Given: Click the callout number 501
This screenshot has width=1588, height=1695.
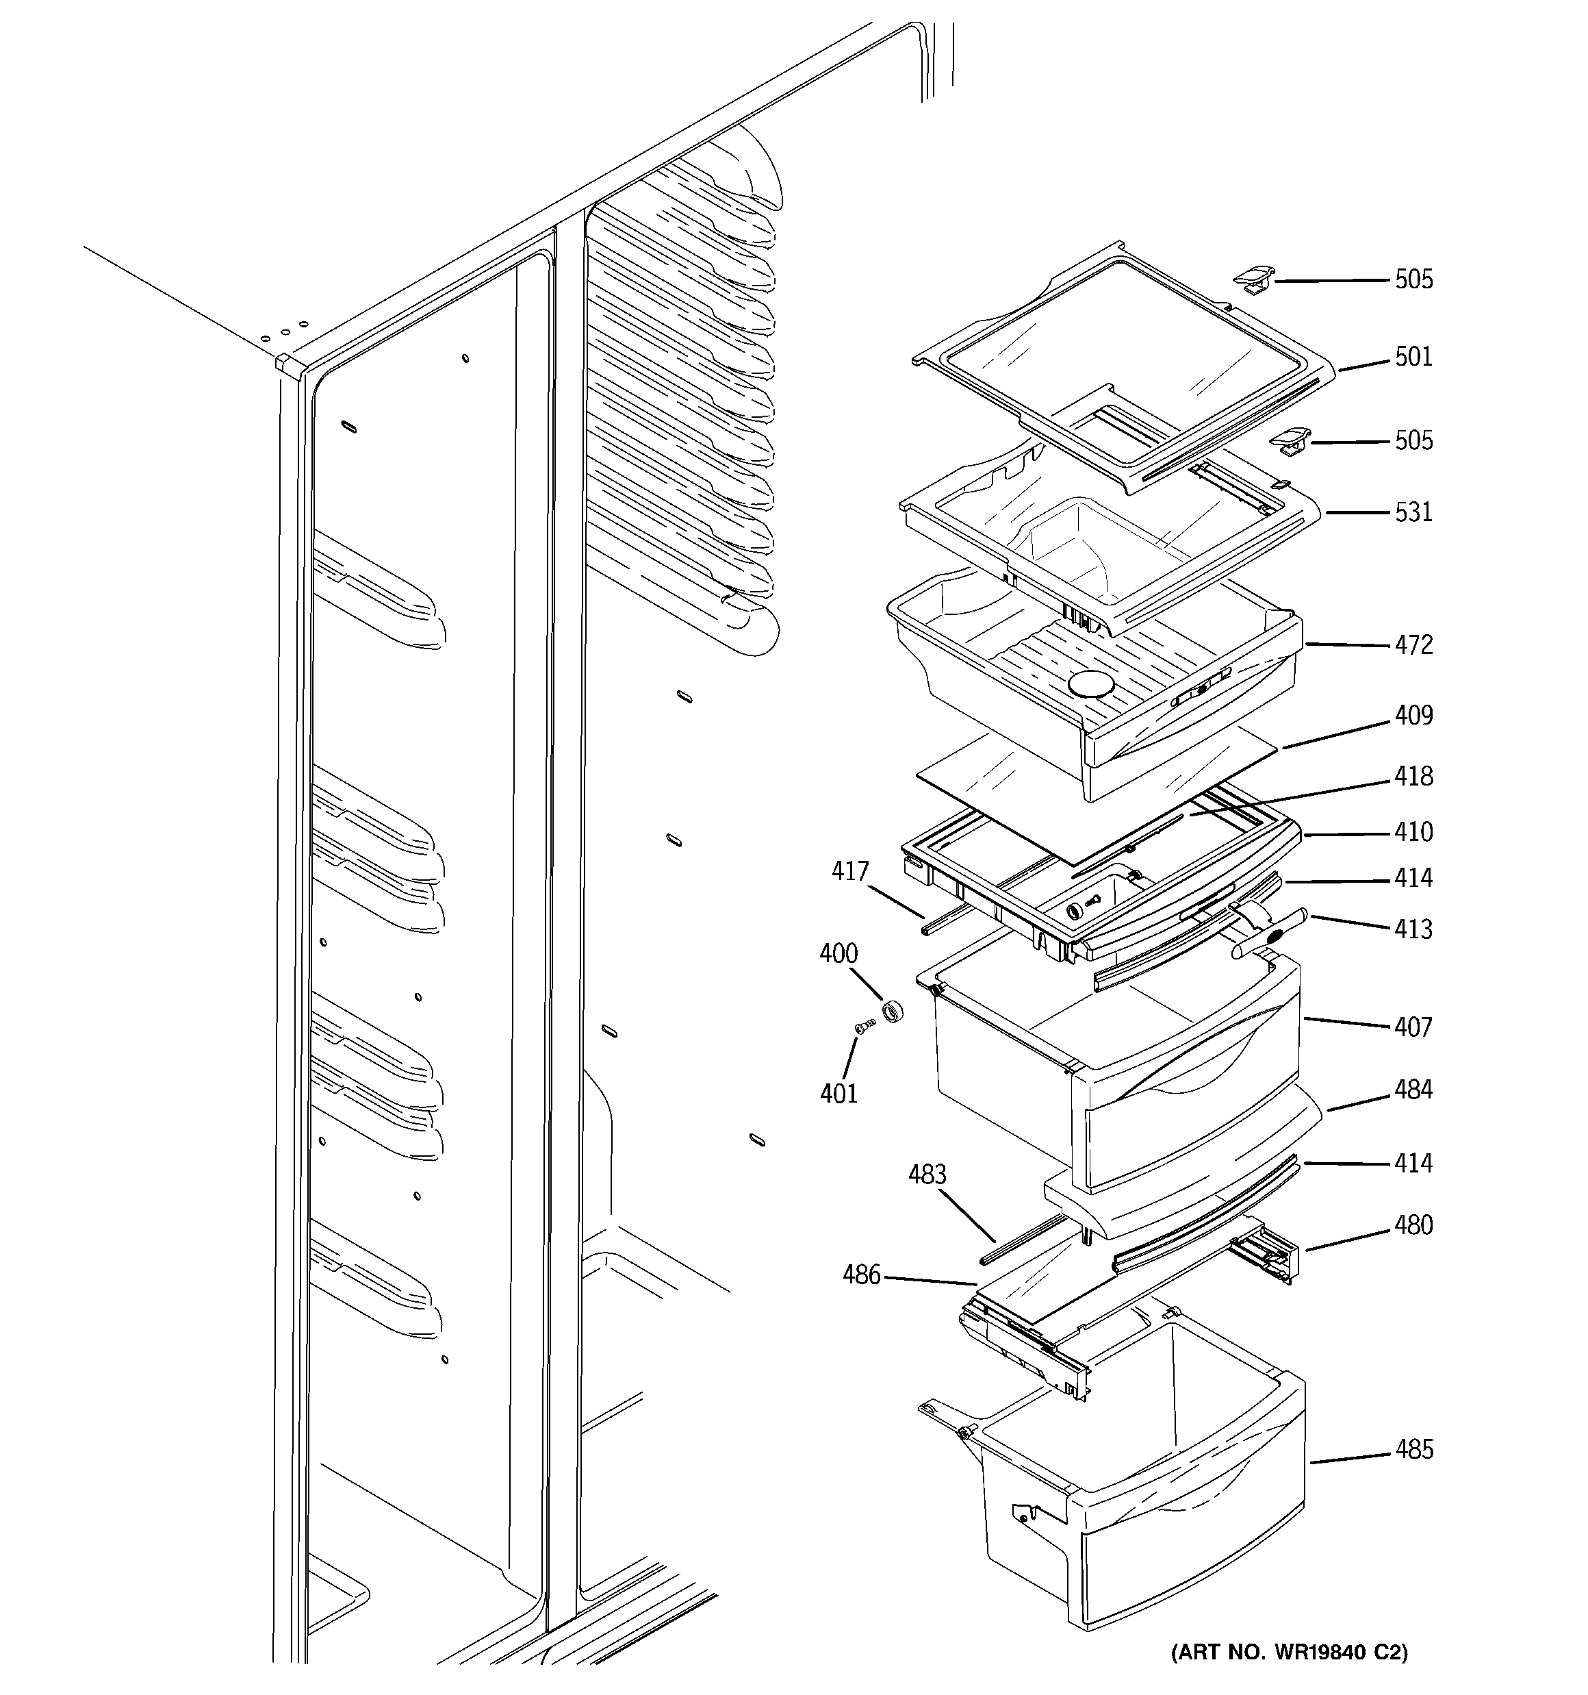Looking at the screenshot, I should pos(1413,356).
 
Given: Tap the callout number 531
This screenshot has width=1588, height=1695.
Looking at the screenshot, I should pos(1413,512).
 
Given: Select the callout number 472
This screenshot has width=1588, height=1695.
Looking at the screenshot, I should pos(1413,644).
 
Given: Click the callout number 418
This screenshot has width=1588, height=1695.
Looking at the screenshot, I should pos(1413,776).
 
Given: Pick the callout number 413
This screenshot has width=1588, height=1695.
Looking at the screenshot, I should pos(1413,929).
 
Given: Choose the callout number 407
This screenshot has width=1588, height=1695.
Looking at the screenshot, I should pos(1413,1027).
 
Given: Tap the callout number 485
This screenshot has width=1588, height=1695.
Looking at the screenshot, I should pos(1414,1449).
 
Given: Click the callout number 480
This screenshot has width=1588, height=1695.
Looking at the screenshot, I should pos(1413,1225).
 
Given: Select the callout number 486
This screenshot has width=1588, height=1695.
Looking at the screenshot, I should pos(861,1275).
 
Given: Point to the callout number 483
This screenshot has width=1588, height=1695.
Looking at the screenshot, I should pos(927,1175).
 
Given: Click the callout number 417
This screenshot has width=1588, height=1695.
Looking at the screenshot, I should pos(850,871).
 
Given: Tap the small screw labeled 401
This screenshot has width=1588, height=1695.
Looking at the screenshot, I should pos(866,1028).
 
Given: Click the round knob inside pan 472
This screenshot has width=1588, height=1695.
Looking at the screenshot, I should pos(1090,682).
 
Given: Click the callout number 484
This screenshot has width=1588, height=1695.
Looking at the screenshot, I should pos(1413,1090).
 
